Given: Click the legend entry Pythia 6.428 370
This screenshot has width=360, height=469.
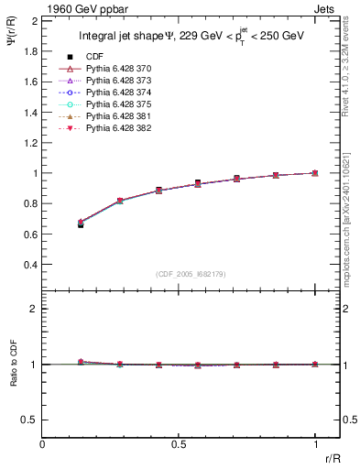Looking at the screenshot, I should click(x=118, y=69).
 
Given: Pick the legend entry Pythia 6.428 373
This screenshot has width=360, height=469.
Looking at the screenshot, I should click(x=118, y=81).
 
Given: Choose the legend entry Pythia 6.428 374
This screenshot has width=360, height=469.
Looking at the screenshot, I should click(x=118, y=93).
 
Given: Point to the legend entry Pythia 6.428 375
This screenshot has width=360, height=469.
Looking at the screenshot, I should click(x=118, y=104).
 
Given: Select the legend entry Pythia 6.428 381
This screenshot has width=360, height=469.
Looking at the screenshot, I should click(x=118, y=116).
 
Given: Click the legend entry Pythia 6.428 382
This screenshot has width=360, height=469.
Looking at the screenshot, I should click(x=118, y=128).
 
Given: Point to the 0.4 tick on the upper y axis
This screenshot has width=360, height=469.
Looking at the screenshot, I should click(x=31, y=265).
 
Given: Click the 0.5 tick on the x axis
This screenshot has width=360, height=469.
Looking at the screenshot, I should click(x=180, y=445).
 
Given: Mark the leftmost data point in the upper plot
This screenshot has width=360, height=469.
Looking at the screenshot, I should click(x=81, y=223).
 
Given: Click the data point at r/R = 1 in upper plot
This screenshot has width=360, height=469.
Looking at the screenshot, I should click(x=316, y=172).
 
